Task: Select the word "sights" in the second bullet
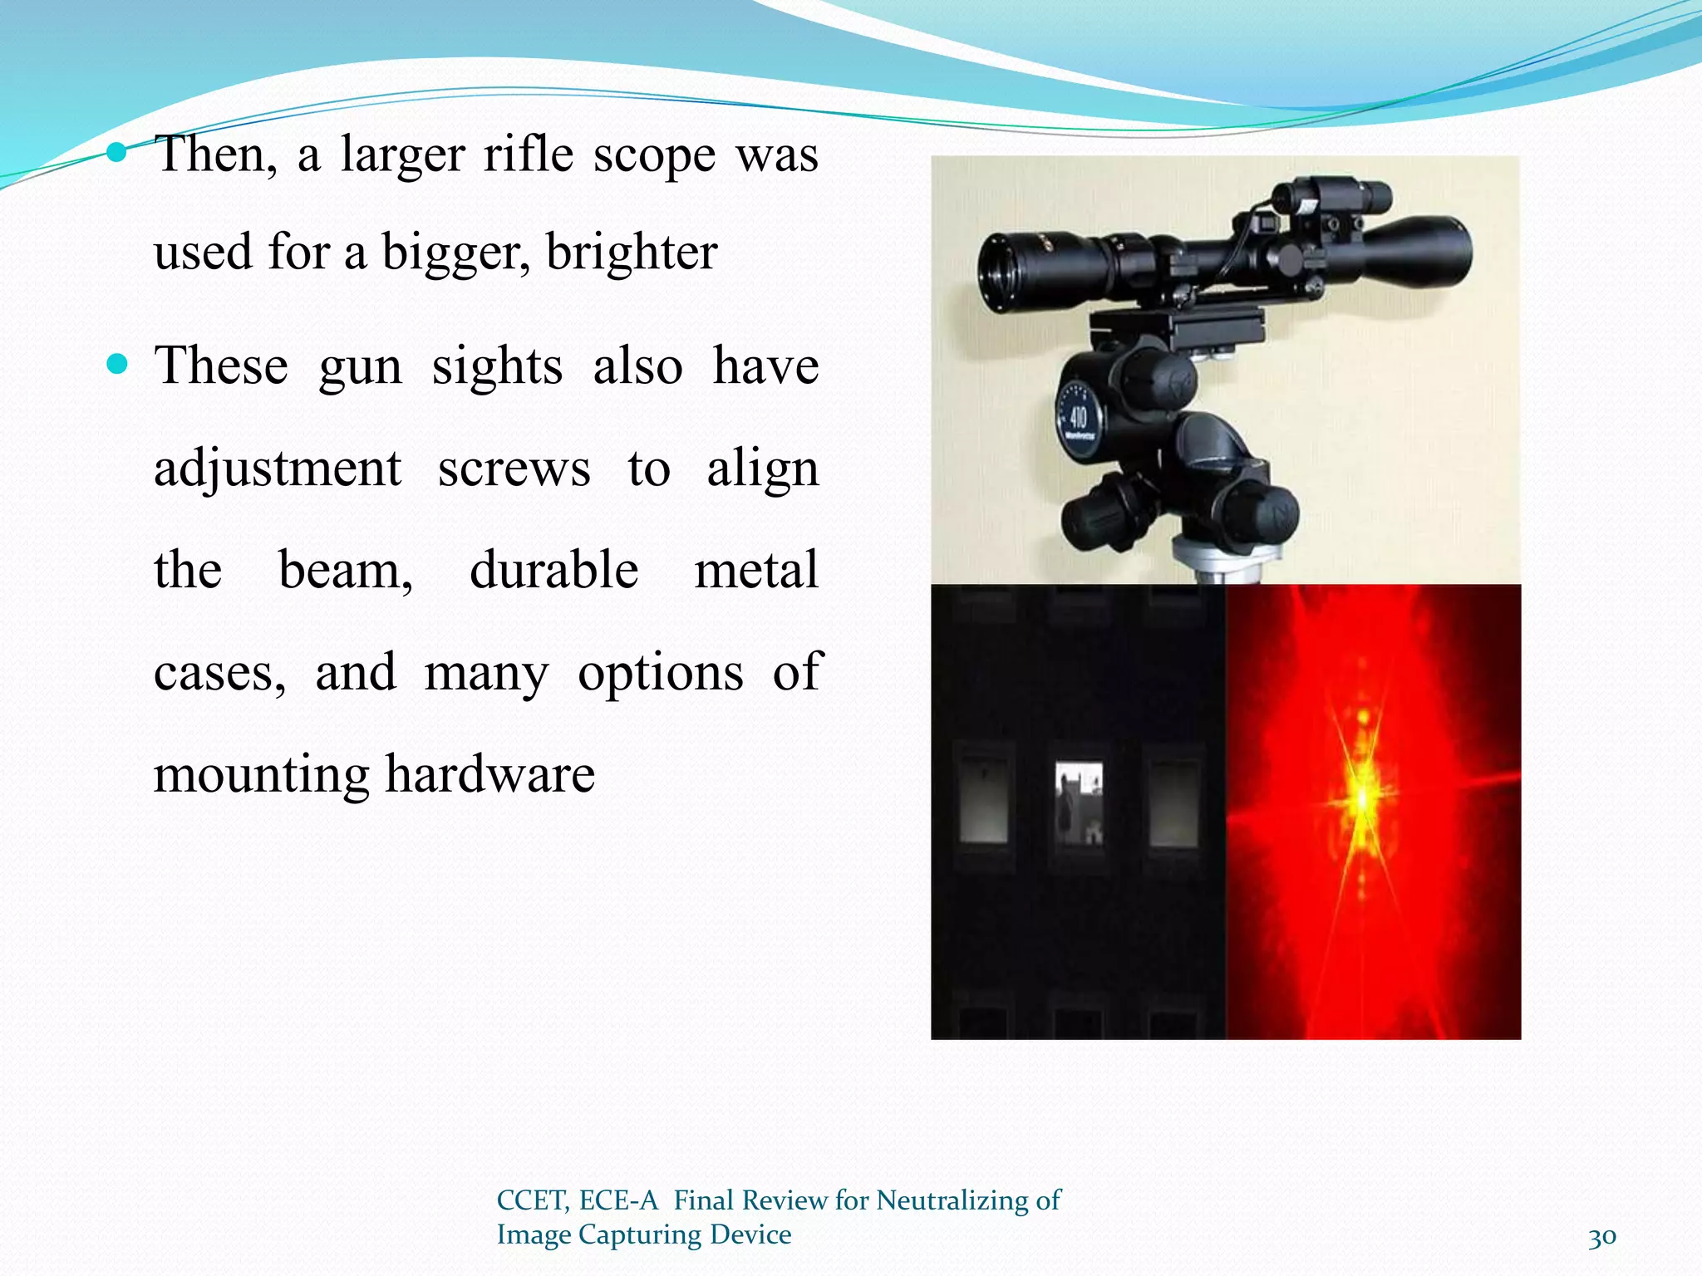[x=497, y=366]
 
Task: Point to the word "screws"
[x=514, y=469]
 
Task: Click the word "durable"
[x=553, y=571]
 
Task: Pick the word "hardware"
[x=489, y=774]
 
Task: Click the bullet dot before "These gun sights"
[x=117, y=364]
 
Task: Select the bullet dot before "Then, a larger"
[x=117, y=152]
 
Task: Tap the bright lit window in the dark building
[x=1079, y=802]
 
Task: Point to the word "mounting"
[x=261, y=774]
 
